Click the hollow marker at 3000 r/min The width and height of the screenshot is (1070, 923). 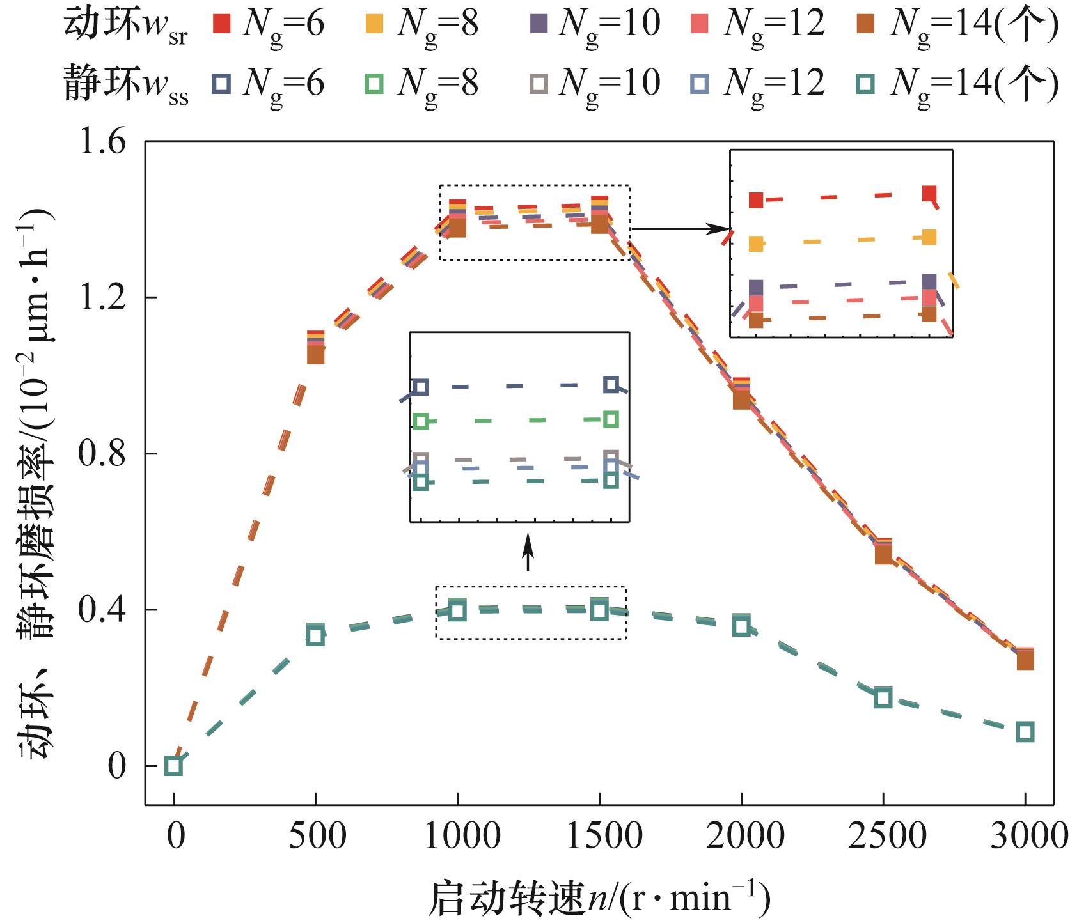[1025, 732]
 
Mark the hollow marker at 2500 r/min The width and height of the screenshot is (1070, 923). [883, 697]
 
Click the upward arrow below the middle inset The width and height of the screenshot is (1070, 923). [528, 553]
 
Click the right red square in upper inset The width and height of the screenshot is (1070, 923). [930, 193]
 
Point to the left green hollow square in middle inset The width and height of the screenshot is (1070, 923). [420, 421]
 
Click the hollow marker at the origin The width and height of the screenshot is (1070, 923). [173, 765]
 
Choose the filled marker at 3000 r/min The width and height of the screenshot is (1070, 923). [1025, 659]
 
